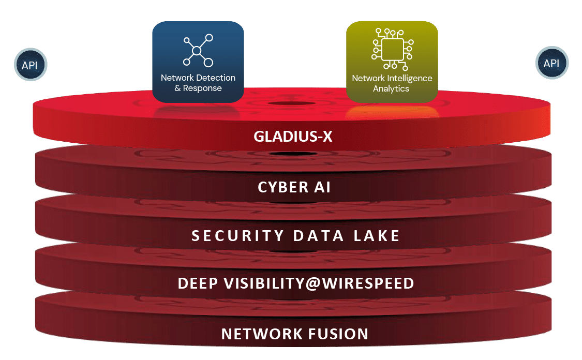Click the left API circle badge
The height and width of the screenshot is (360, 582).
coord(29,66)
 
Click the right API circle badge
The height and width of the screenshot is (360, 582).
coord(551,64)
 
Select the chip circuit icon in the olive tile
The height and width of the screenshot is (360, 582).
coord(392,49)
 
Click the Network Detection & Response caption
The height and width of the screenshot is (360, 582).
coord(198,83)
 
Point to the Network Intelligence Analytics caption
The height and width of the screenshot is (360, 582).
coord(392,83)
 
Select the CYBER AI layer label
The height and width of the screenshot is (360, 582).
coord(294,187)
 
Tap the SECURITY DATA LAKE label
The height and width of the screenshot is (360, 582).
coord(295,236)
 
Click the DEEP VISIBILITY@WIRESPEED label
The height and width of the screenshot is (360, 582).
coord(295,283)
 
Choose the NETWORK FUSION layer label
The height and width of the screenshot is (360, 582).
coord(295,334)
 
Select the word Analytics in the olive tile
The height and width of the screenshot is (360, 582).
coord(391,88)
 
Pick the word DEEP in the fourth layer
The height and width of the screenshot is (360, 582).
coord(197,283)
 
